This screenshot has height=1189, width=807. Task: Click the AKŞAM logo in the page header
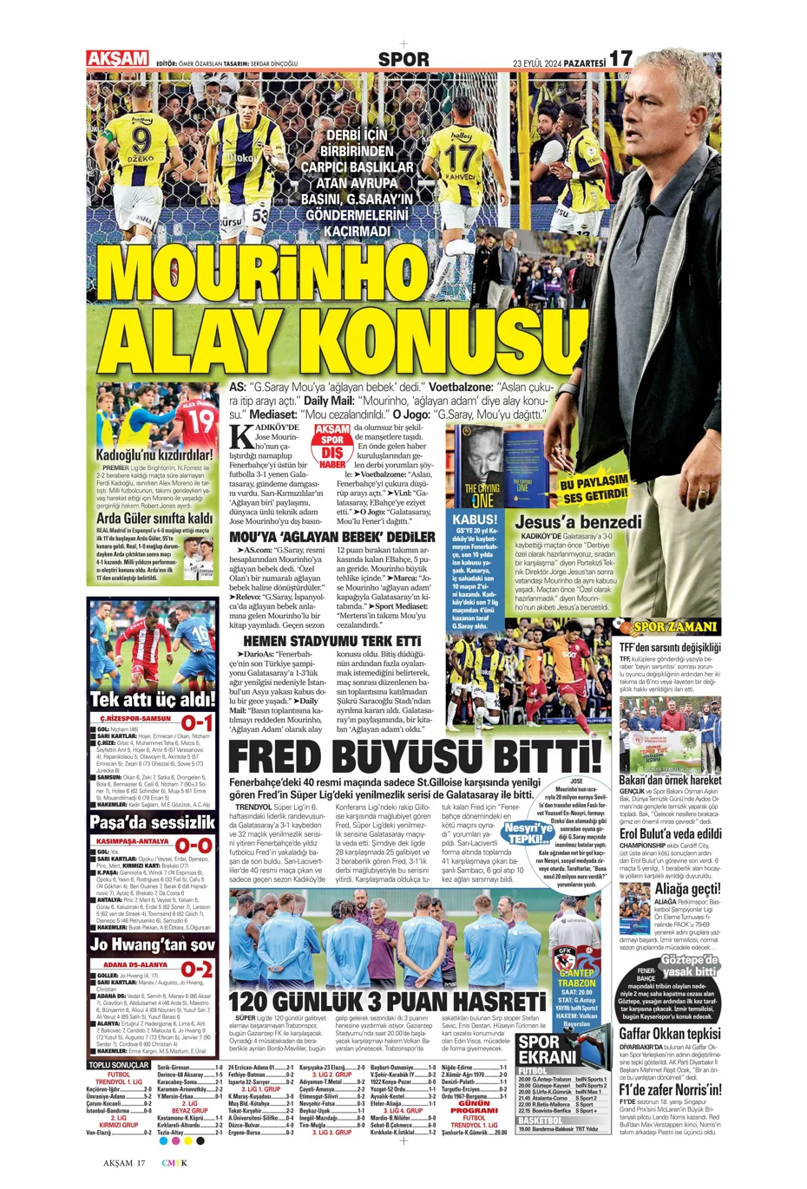[x=117, y=59]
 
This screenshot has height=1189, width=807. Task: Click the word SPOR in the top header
[x=403, y=59]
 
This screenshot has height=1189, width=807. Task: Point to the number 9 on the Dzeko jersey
[x=141, y=139]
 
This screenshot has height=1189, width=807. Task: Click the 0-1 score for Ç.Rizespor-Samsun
[x=197, y=722]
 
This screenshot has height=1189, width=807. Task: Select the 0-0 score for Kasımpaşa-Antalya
[x=195, y=845]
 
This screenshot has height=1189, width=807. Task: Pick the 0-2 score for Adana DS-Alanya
[x=196, y=968]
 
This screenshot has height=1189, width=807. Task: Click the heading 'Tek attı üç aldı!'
[x=153, y=699]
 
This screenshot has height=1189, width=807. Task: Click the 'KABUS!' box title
[x=475, y=520]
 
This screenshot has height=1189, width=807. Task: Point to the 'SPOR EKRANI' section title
[x=547, y=1049]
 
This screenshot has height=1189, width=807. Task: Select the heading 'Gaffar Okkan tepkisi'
[x=669, y=1033]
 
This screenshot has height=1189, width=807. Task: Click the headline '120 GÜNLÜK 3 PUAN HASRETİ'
[x=387, y=1002]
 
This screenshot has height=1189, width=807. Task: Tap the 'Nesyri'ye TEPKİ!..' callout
[x=528, y=833]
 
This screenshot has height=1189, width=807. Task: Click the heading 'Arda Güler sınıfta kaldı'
[x=154, y=519]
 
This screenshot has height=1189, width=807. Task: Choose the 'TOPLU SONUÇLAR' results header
[x=119, y=1064]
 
